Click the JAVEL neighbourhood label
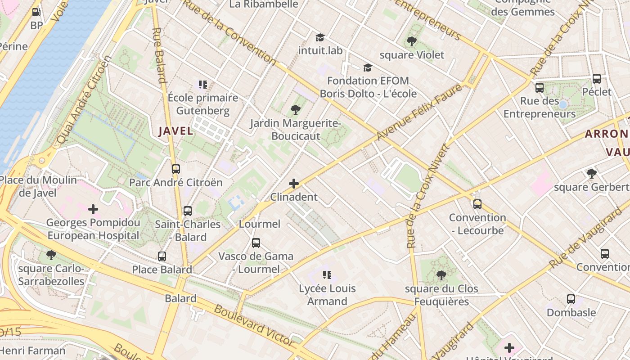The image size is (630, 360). click(x=175, y=131)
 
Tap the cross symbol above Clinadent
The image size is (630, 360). click(x=294, y=184)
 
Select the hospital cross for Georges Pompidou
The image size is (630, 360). click(x=93, y=209)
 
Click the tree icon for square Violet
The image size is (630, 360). click(x=411, y=42)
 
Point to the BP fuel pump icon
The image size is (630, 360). click(x=36, y=13)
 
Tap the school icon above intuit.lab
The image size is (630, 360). click(x=320, y=37)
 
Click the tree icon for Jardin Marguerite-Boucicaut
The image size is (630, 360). click(x=296, y=109)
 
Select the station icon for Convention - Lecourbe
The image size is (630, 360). click(x=477, y=204)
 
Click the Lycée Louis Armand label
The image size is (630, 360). click(x=327, y=295)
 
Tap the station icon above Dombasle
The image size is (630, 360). click(x=571, y=299)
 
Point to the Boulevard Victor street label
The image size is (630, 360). click(x=254, y=325)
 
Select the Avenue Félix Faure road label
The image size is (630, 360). click(x=418, y=112)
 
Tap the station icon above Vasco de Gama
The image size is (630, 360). click(x=256, y=243)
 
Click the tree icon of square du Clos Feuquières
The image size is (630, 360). click(x=441, y=275)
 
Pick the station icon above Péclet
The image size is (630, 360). click(x=597, y=79)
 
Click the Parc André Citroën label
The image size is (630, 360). click(x=175, y=182)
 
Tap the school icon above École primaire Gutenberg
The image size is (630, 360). click(x=202, y=84)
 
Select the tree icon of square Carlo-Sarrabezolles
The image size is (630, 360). click(x=51, y=255)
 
